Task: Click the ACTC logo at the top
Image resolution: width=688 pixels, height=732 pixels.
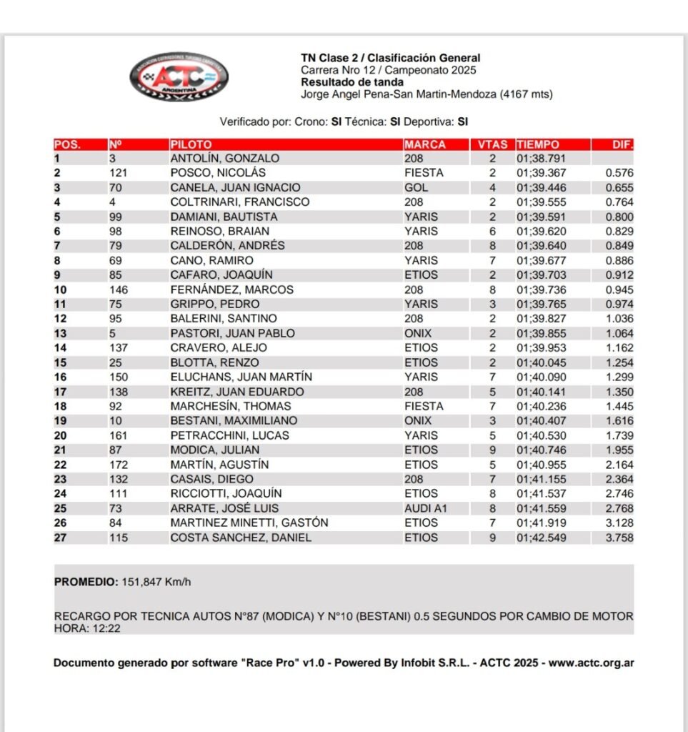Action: (x=179, y=76)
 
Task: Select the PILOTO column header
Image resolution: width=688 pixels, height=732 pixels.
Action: (x=191, y=144)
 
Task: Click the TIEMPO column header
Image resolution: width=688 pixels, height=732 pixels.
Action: (x=538, y=144)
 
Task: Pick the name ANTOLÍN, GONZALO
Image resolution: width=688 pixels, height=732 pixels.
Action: (x=224, y=159)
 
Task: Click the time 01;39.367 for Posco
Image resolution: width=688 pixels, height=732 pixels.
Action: (x=542, y=173)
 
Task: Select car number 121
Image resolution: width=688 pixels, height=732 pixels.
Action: (x=118, y=173)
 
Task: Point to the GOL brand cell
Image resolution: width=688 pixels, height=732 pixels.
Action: (x=416, y=187)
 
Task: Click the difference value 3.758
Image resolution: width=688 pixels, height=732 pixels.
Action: (x=619, y=538)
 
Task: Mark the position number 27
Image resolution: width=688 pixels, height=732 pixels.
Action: (x=60, y=538)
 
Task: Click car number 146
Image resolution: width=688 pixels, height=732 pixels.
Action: (x=119, y=290)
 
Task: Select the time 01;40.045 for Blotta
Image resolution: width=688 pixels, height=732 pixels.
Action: (x=542, y=362)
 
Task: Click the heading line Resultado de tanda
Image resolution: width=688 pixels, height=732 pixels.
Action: (x=352, y=82)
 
